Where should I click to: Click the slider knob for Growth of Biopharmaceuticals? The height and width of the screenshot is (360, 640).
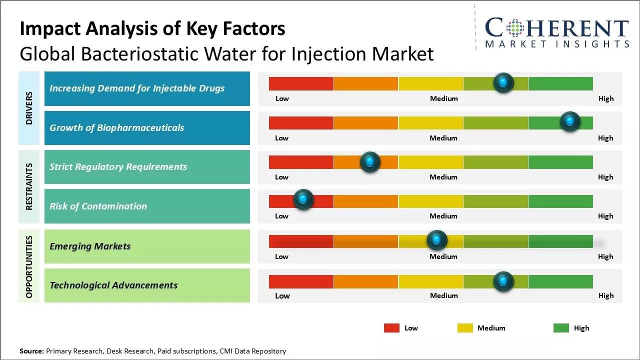coord(569,121)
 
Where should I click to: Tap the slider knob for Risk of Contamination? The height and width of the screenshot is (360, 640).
coord(303,199)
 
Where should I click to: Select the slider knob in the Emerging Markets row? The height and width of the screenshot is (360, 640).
coord(437,240)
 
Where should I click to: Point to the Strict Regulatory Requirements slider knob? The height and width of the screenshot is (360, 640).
coord(370,161)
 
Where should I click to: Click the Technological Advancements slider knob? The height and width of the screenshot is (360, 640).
coord(503,281)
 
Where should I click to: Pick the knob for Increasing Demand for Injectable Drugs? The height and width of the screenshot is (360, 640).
coord(503,82)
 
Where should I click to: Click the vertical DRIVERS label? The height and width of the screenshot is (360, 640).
coord(29,108)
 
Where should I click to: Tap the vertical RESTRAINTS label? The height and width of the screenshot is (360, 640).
coord(29,186)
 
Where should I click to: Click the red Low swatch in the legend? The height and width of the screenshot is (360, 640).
coord(391,328)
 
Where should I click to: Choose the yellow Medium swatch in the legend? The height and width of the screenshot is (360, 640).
coord(465,328)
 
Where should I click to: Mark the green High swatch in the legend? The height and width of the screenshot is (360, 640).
coord(561,328)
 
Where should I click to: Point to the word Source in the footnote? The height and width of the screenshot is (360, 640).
coord(31,351)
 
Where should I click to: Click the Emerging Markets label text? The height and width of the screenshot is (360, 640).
coord(90,246)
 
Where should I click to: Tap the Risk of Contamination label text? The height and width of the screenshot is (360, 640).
coord(98,206)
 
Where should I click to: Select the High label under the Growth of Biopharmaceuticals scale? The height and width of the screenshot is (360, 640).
coord(605,138)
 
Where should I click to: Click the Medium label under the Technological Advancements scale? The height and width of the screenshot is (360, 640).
coord(443,295)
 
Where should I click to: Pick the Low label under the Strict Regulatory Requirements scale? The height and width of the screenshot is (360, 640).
coord(281,177)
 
